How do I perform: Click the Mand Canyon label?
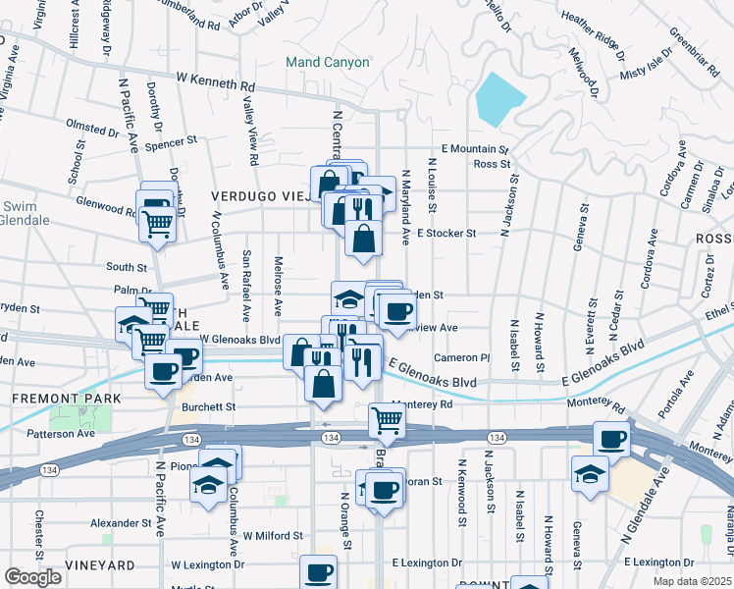[x=328, y=63]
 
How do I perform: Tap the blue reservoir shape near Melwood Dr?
[x=499, y=99]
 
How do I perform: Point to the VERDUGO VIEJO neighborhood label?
[x=257, y=196]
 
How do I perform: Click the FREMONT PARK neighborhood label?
[x=66, y=399]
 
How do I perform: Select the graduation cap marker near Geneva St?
[x=589, y=473]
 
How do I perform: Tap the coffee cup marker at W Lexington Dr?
[x=318, y=572]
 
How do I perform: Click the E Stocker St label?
[x=446, y=234]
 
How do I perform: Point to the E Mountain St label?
[x=475, y=149]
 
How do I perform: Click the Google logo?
[x=32, y=577]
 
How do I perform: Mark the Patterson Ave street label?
[x=60, y=433]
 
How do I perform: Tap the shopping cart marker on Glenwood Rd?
[x=157, y=222]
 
